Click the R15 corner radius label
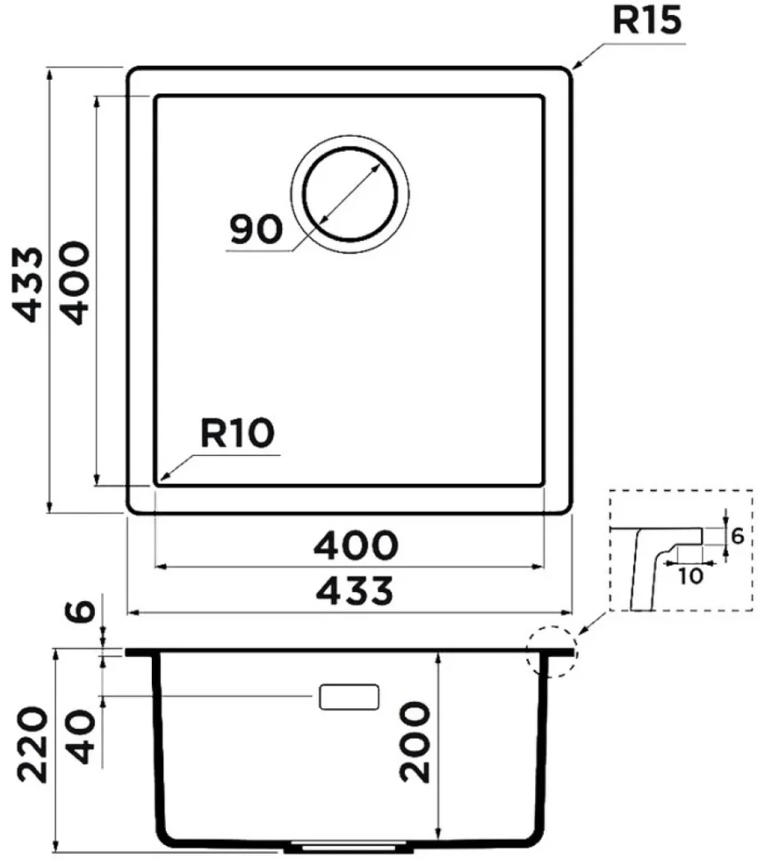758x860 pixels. pos(647,20)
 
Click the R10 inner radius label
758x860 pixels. pos(237,433)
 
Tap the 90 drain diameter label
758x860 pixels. pos(256,229)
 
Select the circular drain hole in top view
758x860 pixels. pos(350,194)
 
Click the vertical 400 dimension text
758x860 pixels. pos(74,283)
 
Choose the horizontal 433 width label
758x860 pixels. pos(354,590)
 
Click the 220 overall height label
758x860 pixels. pos(32,744)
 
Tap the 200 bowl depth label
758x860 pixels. pos(415,741)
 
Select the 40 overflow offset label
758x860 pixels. pos(82,737)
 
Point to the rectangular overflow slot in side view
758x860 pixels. pos(350,697)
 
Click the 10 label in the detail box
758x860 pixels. pos(691,576)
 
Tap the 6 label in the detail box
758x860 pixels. pos(738,536)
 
